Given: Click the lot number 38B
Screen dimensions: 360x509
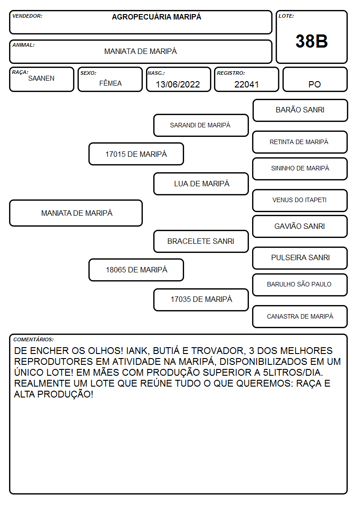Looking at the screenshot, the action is [311, 41].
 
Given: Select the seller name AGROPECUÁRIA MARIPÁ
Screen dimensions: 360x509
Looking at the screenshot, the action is [156, 17].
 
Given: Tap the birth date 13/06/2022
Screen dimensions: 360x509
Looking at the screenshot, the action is [178, 84].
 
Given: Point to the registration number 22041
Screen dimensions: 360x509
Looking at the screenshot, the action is [246, 84].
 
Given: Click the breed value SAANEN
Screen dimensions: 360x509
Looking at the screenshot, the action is [41, 78].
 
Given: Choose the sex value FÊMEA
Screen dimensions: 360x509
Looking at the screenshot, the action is [110, 83].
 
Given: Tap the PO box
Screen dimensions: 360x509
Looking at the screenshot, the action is [315, 79].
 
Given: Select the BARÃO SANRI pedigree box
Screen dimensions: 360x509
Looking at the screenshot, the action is [300, 111].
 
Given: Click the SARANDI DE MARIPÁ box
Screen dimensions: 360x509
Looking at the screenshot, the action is [201, 125].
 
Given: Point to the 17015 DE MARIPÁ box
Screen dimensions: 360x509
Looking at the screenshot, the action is [136, 154].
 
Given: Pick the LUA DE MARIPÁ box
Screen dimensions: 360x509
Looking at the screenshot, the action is [201, 184].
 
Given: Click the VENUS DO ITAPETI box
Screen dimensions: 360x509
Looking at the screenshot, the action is [300, 200].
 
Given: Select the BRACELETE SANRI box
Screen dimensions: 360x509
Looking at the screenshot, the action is [201, 241].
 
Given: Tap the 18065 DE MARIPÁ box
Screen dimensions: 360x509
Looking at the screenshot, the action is [136, 270].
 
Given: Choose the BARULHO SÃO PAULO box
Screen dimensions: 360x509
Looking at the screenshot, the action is [300, 285].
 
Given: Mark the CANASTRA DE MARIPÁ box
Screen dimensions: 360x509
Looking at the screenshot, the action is [300, 316].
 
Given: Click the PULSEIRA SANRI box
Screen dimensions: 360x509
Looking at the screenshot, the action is [300, 258].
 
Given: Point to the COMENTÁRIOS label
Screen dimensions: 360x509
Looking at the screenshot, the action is [34, 339].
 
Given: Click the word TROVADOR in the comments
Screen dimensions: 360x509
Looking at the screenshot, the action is [218, 350].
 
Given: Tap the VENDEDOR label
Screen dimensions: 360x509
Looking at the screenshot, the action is [27, 16].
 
